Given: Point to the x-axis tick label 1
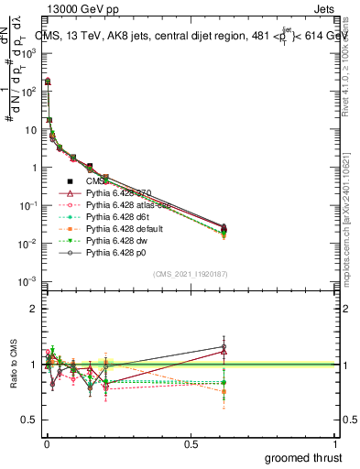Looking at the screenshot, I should (x=334, y=443).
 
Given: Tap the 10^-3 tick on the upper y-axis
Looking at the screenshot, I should (x=27, y=280).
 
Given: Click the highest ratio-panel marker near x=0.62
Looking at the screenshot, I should (x=223, y=347).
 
